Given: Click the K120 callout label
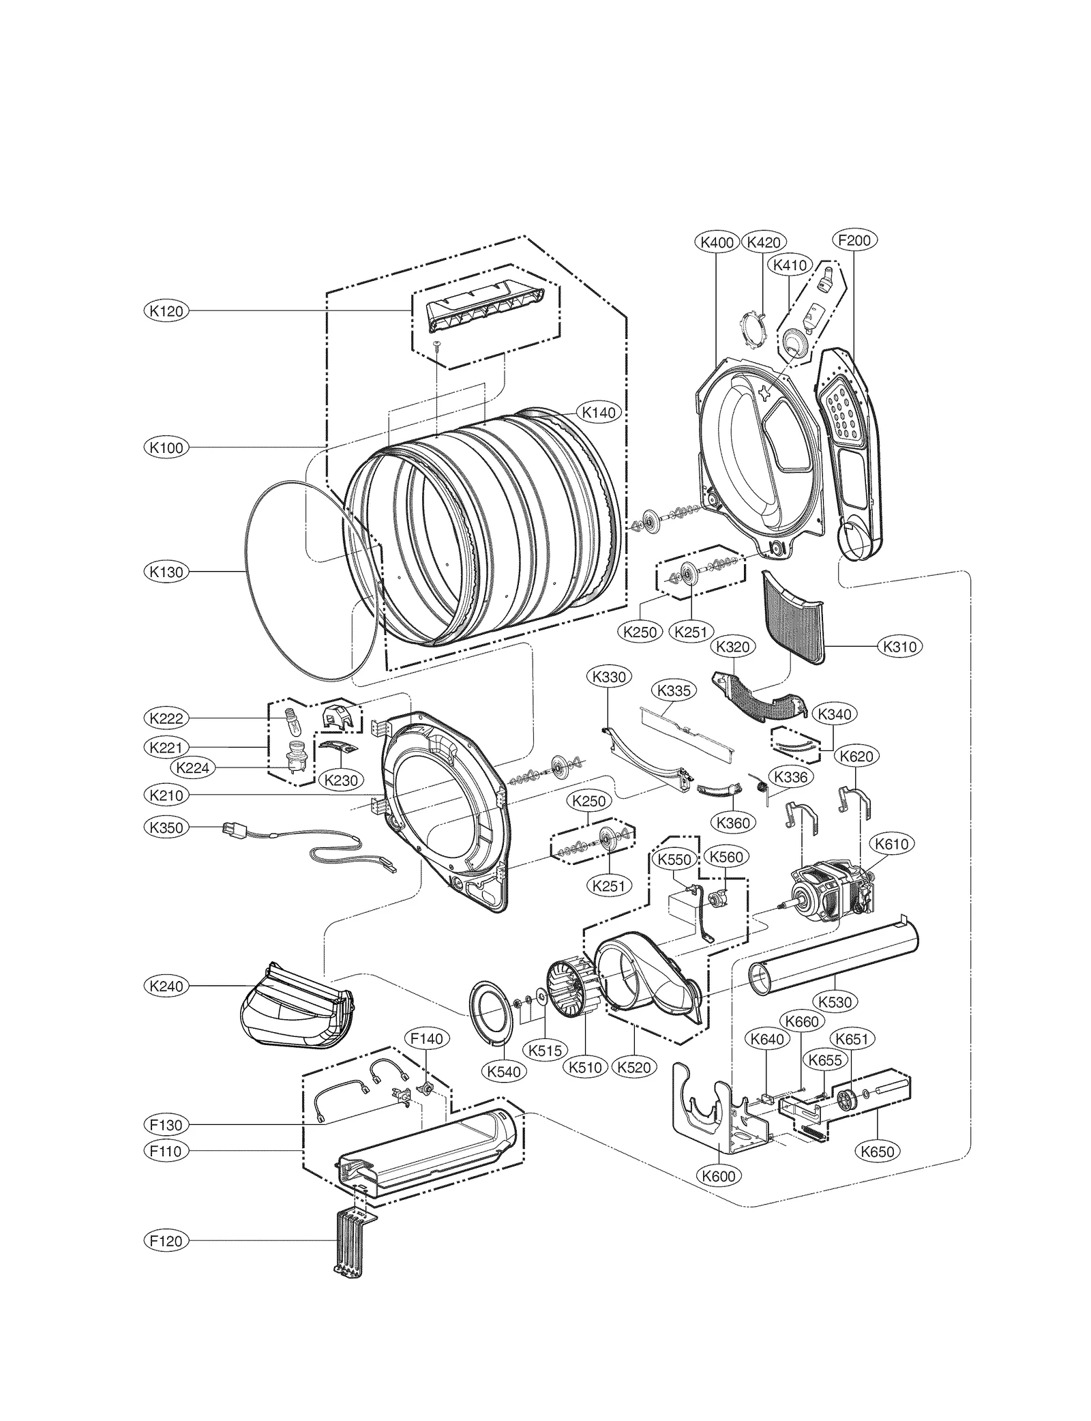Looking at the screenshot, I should click(166, 311).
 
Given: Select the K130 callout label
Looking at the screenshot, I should click(166, 572).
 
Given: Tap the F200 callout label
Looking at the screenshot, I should click(854, 240).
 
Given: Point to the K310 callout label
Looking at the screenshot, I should click(899, 646).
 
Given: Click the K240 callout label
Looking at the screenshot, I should click(166, 986).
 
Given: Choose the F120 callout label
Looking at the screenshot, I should click(166, 1240).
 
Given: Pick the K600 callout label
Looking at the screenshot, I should click(719, 1175).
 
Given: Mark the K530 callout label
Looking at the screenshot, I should click(835, 1002).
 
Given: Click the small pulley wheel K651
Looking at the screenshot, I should click(847, 1099).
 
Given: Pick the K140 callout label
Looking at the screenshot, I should click(598, 412).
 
